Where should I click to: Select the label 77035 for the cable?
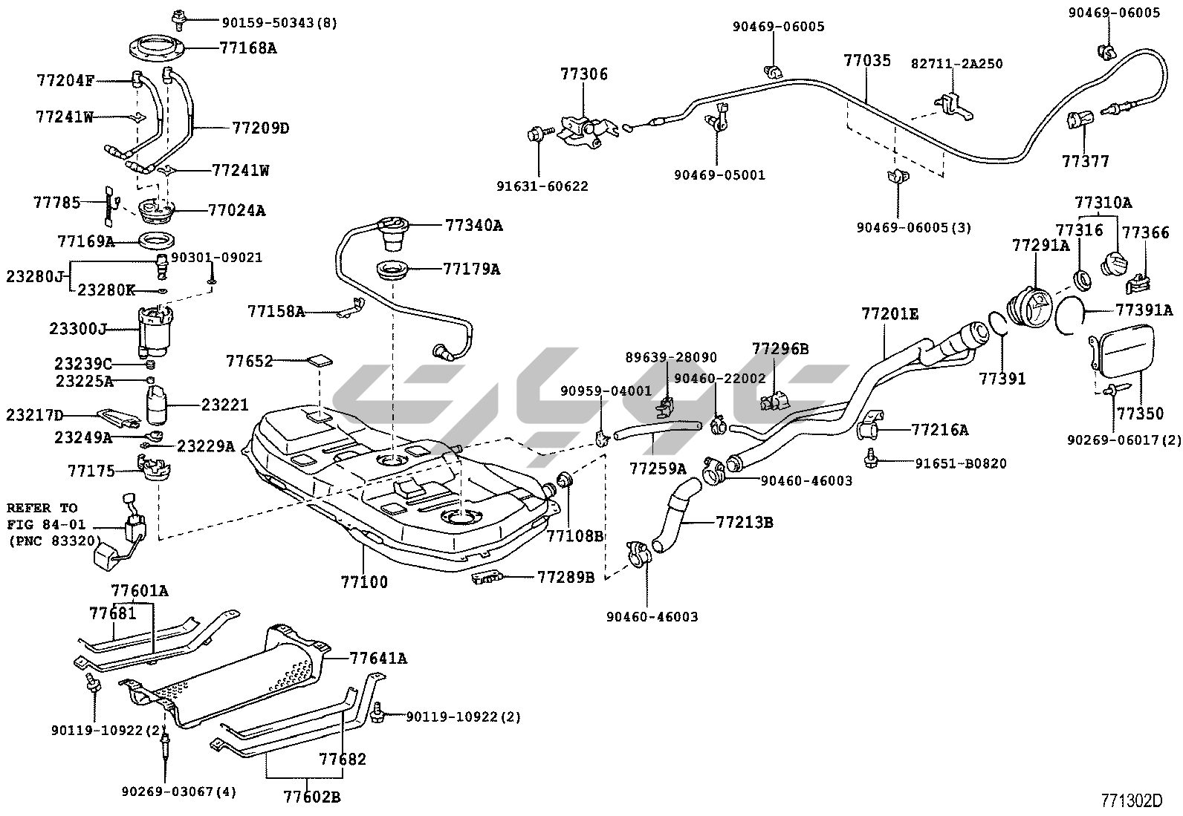[866, 61]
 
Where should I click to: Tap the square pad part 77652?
[320, 361]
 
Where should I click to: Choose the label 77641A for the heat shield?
[379, 658]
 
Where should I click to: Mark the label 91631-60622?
[542, 186]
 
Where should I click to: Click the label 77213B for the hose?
[745, 522]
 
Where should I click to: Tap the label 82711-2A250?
[957, 64]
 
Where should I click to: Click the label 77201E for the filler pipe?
[889, 314]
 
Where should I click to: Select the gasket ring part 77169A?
[157, 241]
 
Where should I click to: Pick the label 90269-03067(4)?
[178, 791]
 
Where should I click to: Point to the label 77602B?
[311, 797]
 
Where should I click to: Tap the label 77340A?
[473, 225]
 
